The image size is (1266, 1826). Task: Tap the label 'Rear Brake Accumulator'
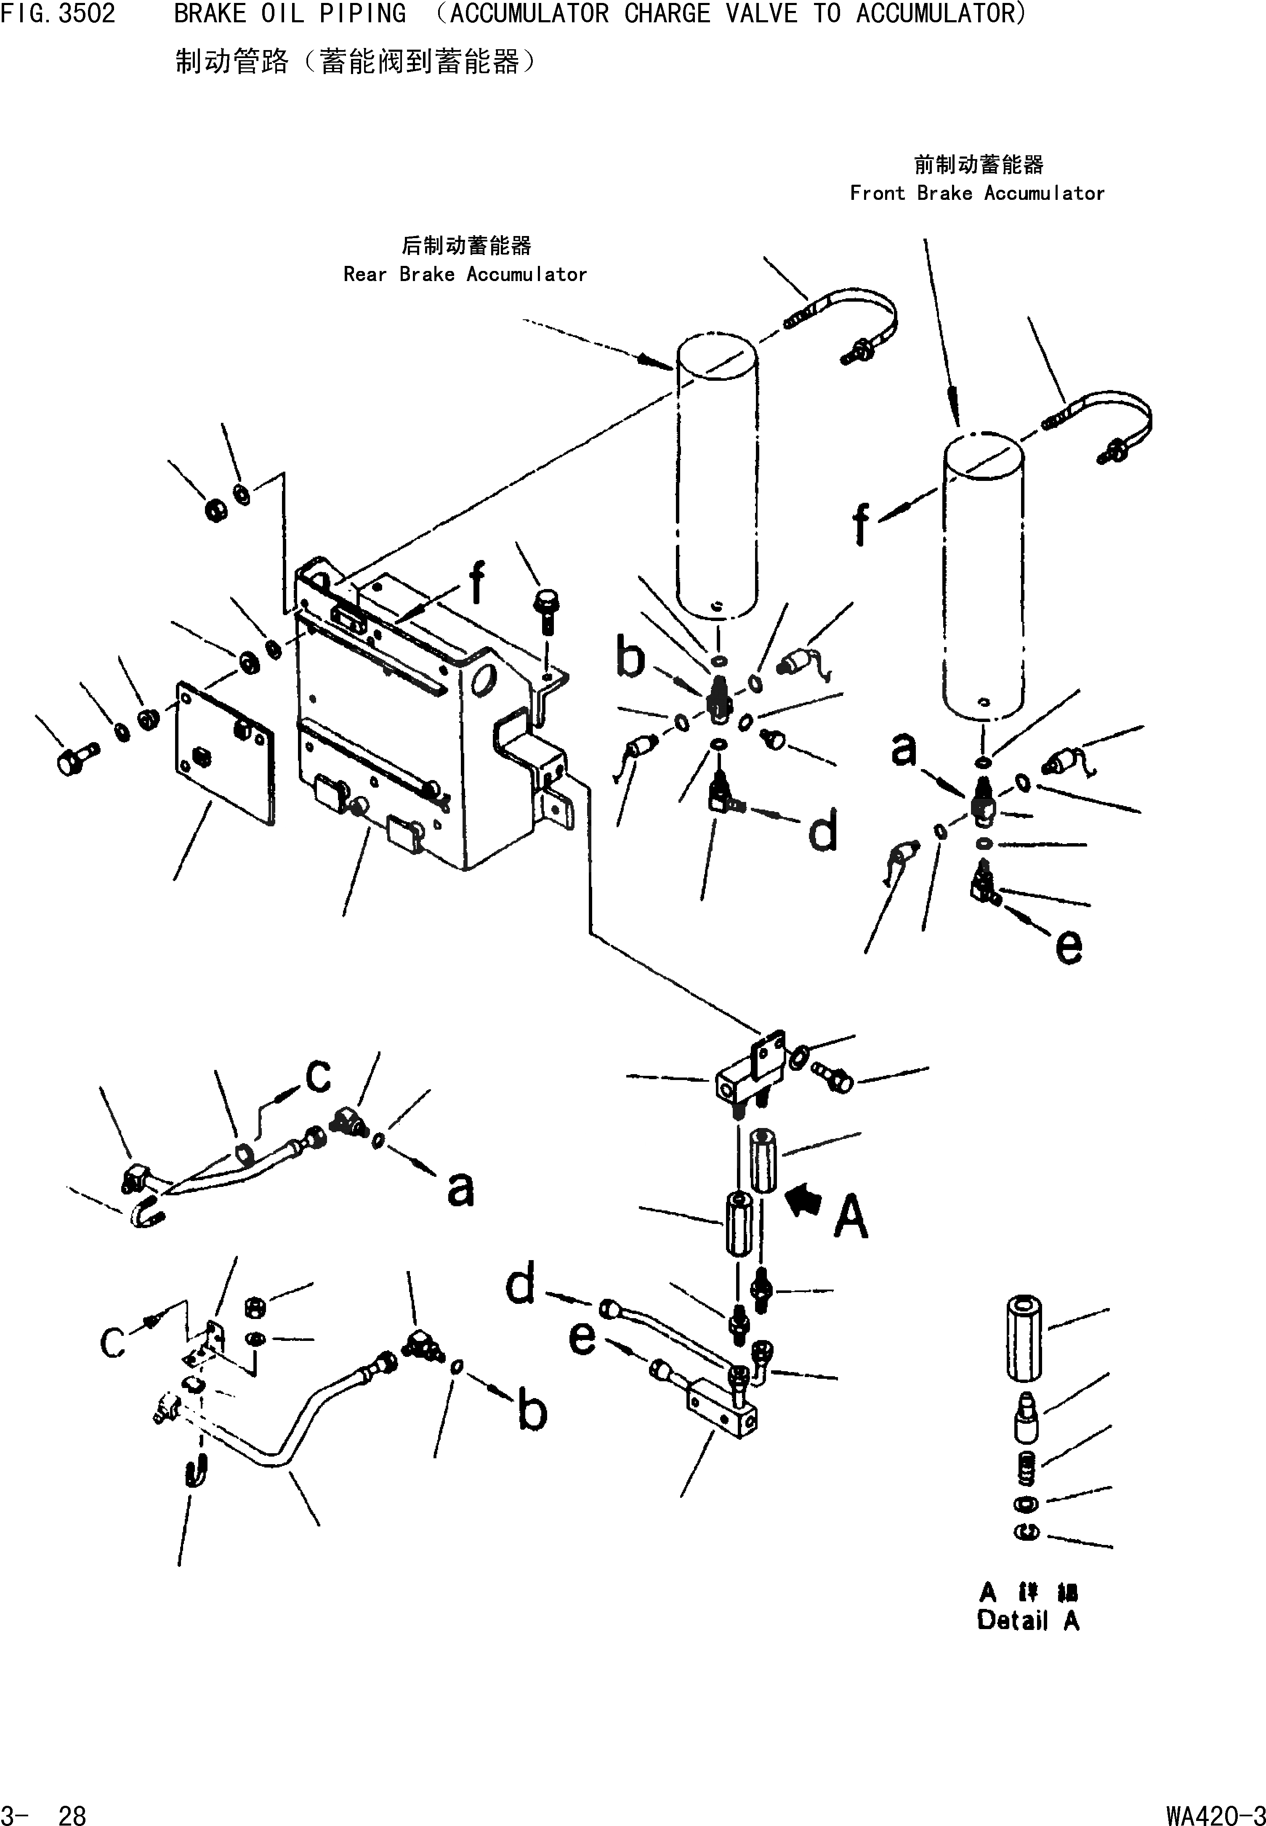pyautogui.click(x=465, y=274)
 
